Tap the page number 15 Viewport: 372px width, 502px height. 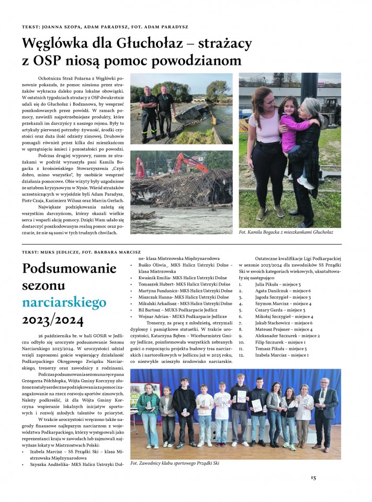[x=313, y=477]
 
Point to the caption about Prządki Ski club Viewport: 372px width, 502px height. [x=175, y=463]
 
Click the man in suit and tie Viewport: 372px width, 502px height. [x=324, y=413]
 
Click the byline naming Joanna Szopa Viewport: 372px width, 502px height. [x=105, y=27]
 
